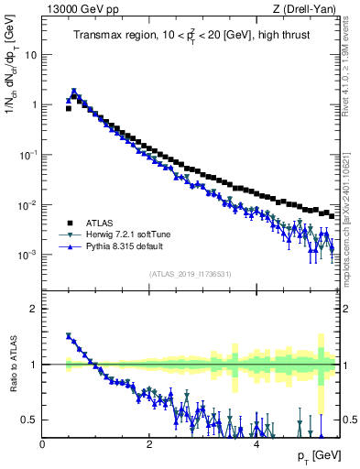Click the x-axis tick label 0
[x=42, y=443]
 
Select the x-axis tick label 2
[x=148, y=443]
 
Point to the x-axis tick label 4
[x=256, y=443]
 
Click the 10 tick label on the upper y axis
[x=30, y=54]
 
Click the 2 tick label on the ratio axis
[x=32, y=309]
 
